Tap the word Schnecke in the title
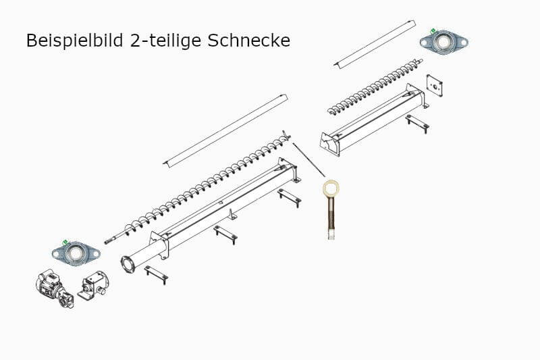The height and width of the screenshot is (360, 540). [x=250, y=41]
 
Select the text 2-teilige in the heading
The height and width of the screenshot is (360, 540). [x=165, y=41]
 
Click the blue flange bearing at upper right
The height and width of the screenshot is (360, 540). [x=443, y=41]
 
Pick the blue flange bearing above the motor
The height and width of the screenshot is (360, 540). [x=76, y=253]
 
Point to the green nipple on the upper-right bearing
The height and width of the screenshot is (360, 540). [x=432, y=31]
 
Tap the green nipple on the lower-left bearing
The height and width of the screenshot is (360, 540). [x=64, y=242]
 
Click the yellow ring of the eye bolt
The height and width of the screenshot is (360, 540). [x=331, y=187]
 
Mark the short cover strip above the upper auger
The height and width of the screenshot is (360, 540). [x=375, y=45]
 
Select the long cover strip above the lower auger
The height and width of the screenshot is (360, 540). [x=226, y=129]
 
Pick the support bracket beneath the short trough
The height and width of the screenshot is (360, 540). [x=416, y=124]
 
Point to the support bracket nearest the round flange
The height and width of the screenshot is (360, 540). [x=157, y=274]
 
